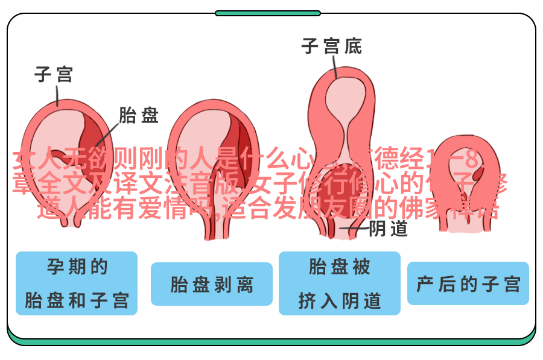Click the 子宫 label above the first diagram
pos(54,75)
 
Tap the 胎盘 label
pos(138,115)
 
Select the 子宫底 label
pos(332,46)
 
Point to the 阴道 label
pos(388,229)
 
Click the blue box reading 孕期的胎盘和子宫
pos(77,283)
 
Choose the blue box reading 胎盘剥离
pos(211,284)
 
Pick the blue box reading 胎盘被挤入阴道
pos(339,283)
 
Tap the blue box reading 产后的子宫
pos(468,283)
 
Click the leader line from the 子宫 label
pos(56,96)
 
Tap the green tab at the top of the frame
pos(267,13)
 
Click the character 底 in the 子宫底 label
pos(353,46)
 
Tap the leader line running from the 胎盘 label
pos(105,130)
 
